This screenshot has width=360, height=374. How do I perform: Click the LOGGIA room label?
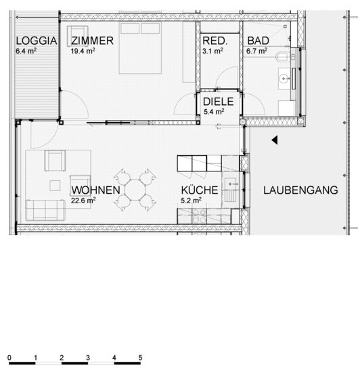[37, 41]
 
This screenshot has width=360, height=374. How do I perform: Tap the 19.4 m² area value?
[83, 51]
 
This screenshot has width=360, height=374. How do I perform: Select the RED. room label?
[215, 41]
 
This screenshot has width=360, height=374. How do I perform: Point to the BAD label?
[258, 41]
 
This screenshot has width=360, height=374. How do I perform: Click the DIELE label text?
[219, 102]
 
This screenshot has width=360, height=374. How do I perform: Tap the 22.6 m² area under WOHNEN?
[83, 201]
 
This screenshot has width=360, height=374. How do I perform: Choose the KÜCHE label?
[200, 190]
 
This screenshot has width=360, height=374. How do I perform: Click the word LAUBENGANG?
[300, 190]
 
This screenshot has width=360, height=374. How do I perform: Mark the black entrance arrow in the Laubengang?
[275, 140]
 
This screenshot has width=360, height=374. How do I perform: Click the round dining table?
[135, 190]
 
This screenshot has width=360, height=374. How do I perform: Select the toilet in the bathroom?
[283, 57]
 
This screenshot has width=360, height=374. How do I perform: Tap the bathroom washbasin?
[284, 78]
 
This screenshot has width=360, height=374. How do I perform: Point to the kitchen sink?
[230, 184]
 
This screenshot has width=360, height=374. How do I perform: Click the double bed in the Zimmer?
[140, 48]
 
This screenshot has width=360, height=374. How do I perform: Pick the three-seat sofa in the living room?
[45, 210]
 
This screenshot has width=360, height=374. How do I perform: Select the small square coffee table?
[55, 186]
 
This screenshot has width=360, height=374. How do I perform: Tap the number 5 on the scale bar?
[140, 358]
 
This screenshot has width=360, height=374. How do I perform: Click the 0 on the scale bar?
[9, 358]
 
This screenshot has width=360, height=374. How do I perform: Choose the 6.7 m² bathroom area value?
[256, 51]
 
